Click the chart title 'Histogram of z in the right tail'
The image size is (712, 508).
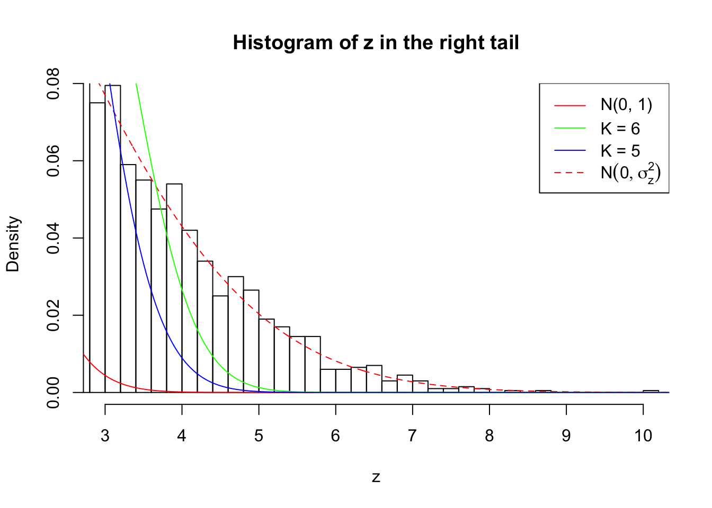tap(376, 43)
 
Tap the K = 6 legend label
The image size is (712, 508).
tap(620, 129)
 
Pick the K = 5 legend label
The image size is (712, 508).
tap(620, 151)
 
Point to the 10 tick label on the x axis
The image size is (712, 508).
tap(643, 436)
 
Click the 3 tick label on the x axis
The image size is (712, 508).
tap(105, 436)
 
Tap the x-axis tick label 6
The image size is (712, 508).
tap(335, 436)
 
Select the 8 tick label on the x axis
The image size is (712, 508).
tap(489, 436)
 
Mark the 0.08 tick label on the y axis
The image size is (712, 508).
tap(54, 84)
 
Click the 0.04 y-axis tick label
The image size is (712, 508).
tap(54, 238)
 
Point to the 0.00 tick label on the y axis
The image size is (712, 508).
tap(54, 392)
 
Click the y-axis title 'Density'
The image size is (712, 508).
tap(13, 244)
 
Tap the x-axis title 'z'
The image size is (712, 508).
tap(376, 477)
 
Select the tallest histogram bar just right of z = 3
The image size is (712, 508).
tap(113, 238)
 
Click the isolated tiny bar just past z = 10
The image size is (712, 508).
tap(651, 391)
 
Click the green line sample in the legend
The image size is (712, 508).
tap(570, 128)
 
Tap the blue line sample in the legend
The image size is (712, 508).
tap(570, 151)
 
